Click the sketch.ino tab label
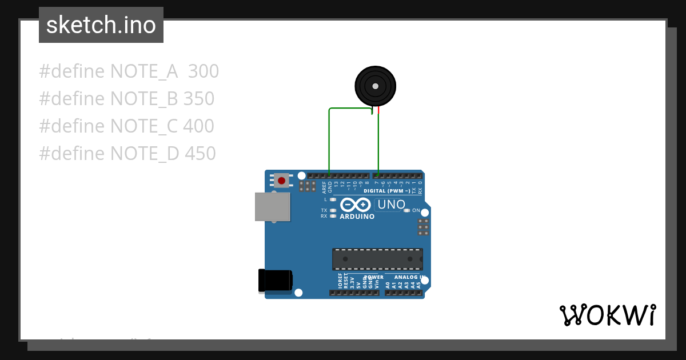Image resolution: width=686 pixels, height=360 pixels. coord(101,25)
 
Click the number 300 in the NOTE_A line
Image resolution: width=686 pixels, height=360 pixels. coord(203,71)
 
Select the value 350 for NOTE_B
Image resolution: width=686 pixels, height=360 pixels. coord(198,99)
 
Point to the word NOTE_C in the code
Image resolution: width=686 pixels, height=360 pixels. coord(143,126)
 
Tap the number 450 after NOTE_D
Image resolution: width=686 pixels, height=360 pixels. coord(200,154)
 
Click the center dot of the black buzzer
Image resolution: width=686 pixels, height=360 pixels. coord(375,86)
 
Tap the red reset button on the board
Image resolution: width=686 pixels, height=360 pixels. coord(281,181)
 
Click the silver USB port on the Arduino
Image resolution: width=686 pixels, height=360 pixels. coord(272,206)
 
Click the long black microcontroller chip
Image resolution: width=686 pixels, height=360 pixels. coord(377,259)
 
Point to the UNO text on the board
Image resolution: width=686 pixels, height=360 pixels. coord(392,205)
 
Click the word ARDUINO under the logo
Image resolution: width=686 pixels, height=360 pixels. coord(357,217)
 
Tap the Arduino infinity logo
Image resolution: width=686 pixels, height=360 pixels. coord(355,205)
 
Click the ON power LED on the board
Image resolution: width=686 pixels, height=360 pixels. coord(406,210)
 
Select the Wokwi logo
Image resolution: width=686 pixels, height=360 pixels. coord(607,315)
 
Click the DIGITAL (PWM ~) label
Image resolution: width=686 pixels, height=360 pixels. coord(386,191)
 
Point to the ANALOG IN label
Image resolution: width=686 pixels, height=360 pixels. coord(410,277)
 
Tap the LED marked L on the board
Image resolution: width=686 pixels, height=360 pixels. coord(333,199)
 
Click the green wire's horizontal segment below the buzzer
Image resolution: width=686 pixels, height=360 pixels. coord(350,108)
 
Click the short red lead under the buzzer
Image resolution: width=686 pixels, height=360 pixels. coord(378,110)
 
